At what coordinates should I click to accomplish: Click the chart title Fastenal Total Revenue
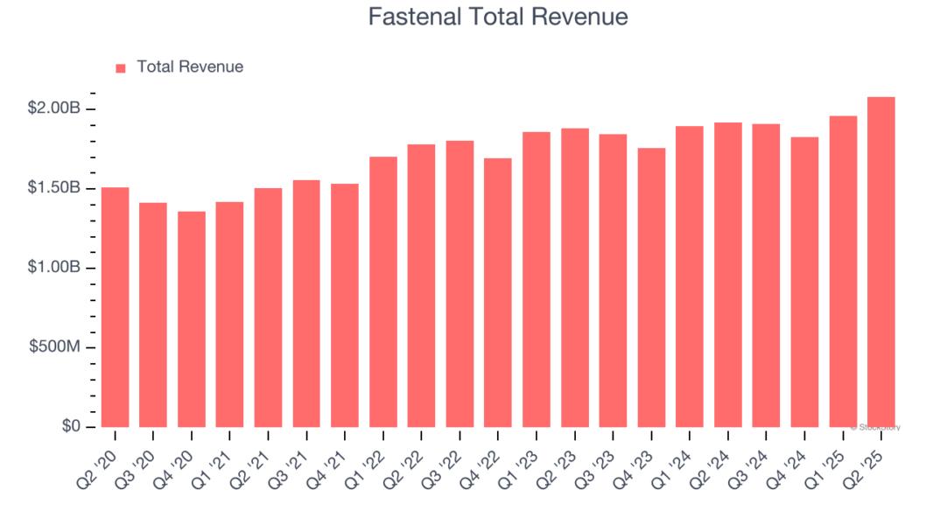coord(497,17)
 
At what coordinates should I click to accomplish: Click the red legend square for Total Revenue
coord(121,67)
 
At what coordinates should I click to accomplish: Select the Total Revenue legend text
coord(190,66)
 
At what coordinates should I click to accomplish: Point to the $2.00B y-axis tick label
coord(54,108)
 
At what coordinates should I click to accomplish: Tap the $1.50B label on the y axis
coord(54,188)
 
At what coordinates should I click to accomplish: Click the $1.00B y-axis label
coord(54,268)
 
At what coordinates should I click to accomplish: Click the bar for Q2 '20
coord(115,307)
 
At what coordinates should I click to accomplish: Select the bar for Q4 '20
coord(192,319)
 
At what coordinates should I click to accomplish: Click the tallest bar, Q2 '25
coord(880,262)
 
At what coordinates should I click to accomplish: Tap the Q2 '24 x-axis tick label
coord(720,458)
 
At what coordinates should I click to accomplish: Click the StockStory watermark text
coord(875,427)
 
